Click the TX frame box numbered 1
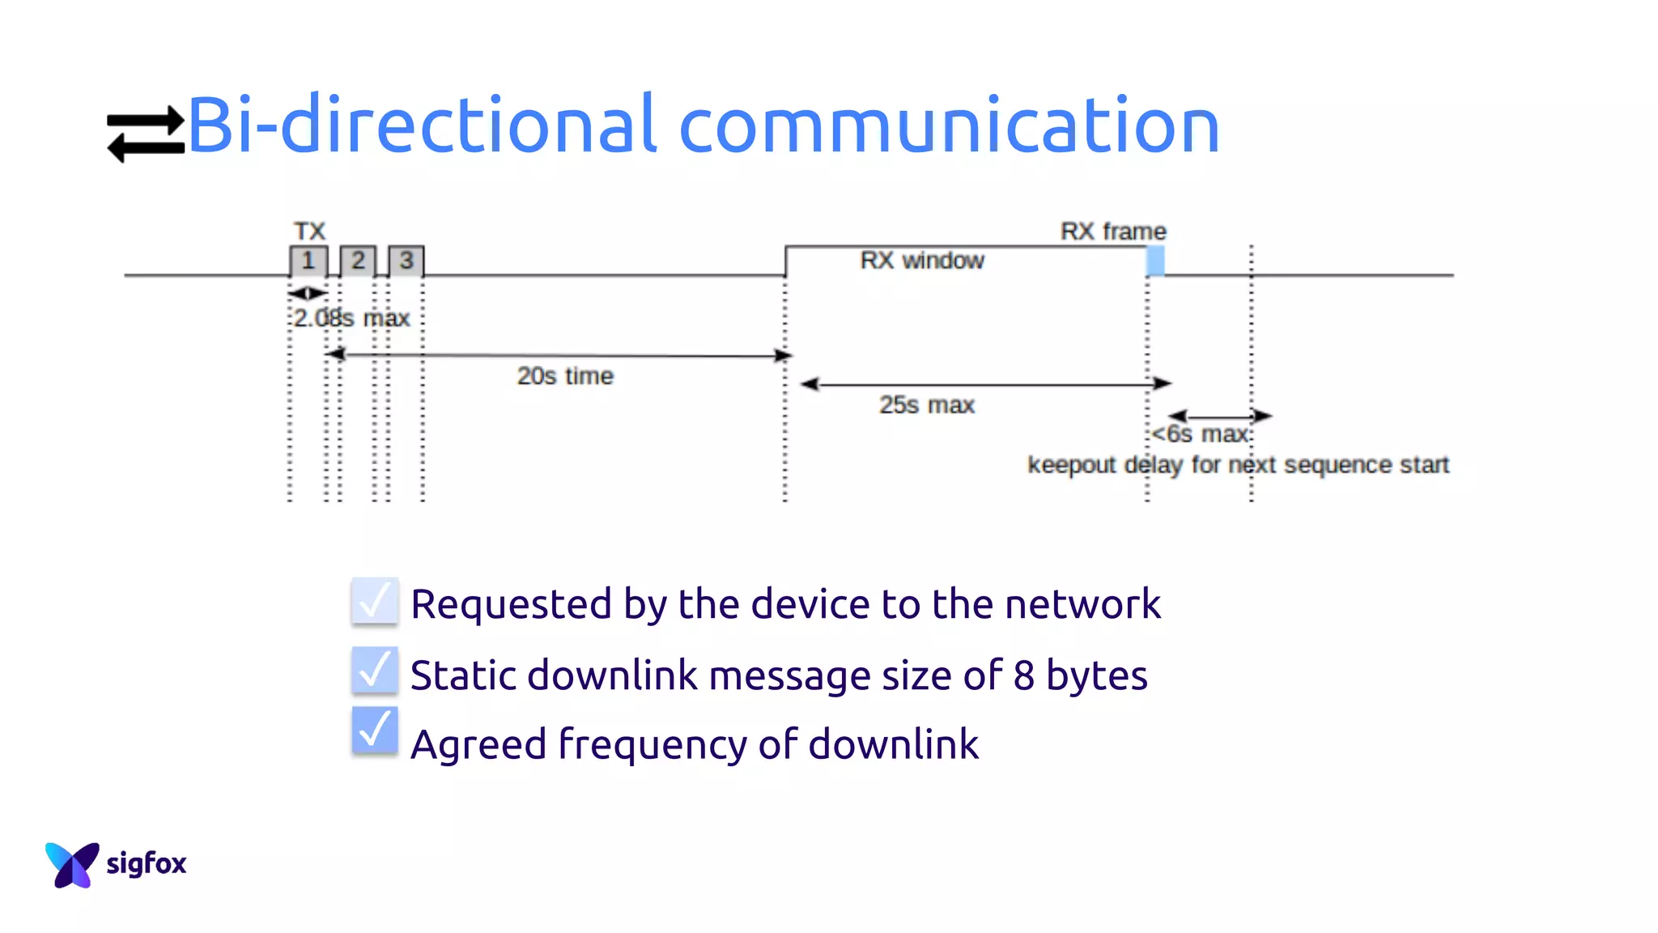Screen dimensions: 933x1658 point(308,261)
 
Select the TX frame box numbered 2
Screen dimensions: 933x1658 point(358,261)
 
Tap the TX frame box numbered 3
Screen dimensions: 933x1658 point(406,261)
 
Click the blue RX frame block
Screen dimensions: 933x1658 point(1155,261)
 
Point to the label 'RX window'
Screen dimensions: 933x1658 point(922,261)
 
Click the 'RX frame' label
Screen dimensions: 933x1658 point(1113,232)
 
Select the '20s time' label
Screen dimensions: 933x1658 point(565,377)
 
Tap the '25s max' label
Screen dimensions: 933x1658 point(927,405)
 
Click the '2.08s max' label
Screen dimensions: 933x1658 point(351,318)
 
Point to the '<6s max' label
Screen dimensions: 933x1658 point(1201,435)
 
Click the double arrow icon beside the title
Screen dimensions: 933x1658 point(146,134)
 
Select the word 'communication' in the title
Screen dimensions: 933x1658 point(949,126)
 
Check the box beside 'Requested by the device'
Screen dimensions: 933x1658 point(375,602)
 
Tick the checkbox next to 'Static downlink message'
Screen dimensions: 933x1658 point(375,671)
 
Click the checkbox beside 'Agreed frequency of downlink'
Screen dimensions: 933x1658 point(375,731)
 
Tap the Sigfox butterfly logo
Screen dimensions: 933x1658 point(72,864)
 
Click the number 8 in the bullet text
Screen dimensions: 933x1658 point(1023,675)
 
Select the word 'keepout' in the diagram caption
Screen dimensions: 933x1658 point(1071,466)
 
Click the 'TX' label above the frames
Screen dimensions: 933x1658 point(309,232)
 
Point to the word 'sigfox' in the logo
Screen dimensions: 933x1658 point(147,864)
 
